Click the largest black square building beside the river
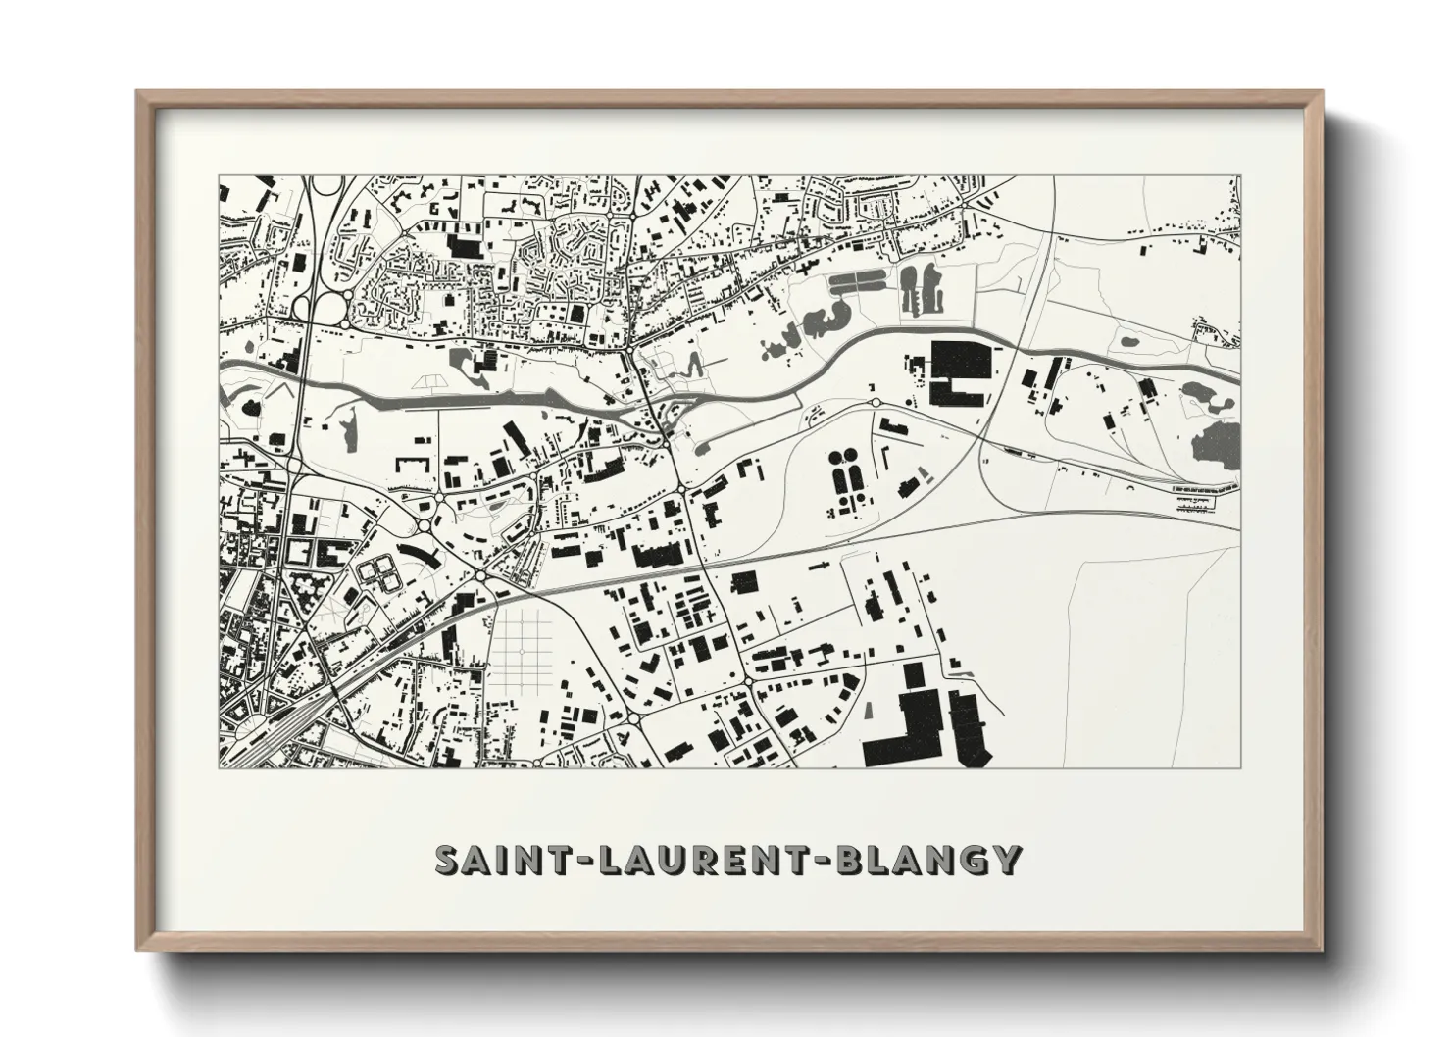(960, 370)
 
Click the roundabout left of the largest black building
(876, 401)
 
